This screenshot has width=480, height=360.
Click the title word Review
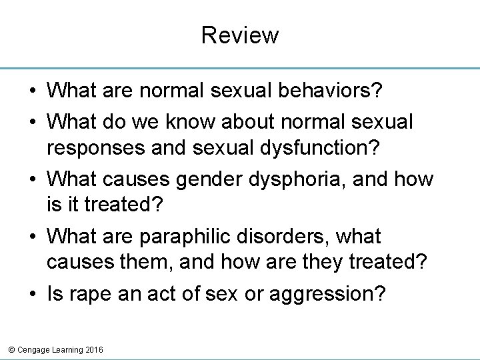click(x=240, y=35)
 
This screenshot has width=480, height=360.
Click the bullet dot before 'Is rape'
click(x=32, y=294)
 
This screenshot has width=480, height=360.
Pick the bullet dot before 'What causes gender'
click(x=32, y=179)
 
